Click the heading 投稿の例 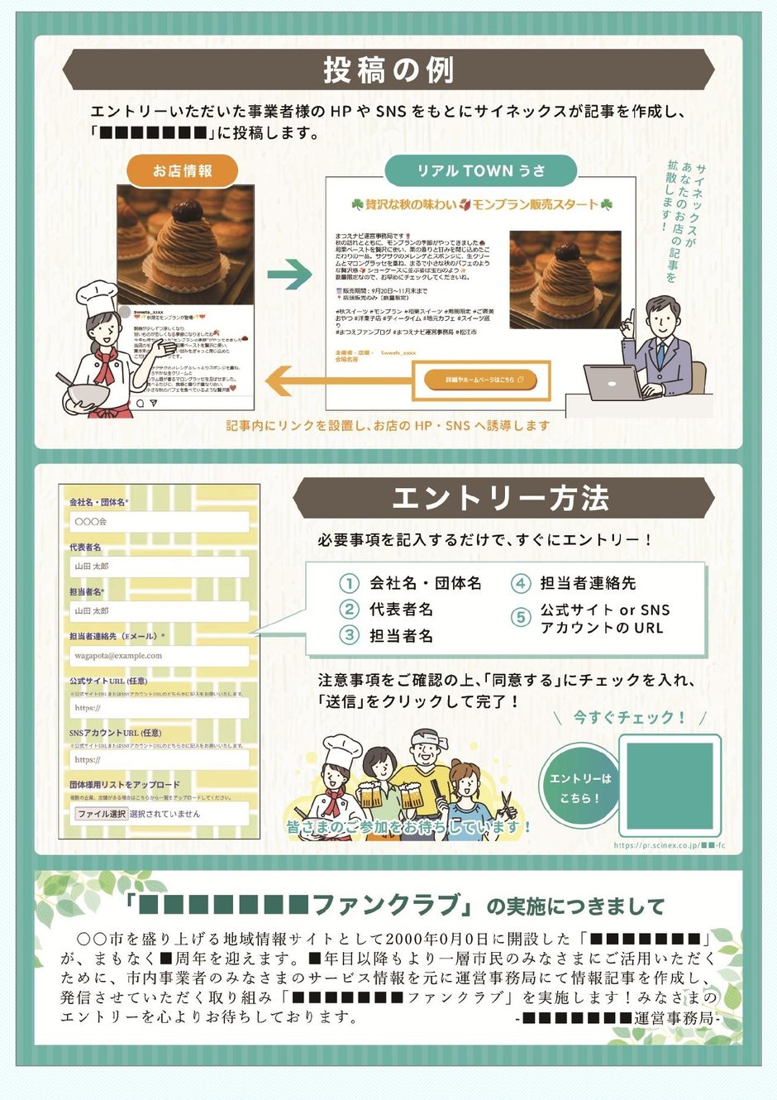388,69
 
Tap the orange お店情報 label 183,171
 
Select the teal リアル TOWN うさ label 480,171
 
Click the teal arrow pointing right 290,275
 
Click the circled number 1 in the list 350,583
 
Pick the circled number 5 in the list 521,618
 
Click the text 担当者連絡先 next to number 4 588,583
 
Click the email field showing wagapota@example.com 160,656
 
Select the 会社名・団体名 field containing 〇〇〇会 160,522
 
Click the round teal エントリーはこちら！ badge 580,788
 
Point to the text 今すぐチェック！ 630,717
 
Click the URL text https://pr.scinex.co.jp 656,845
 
